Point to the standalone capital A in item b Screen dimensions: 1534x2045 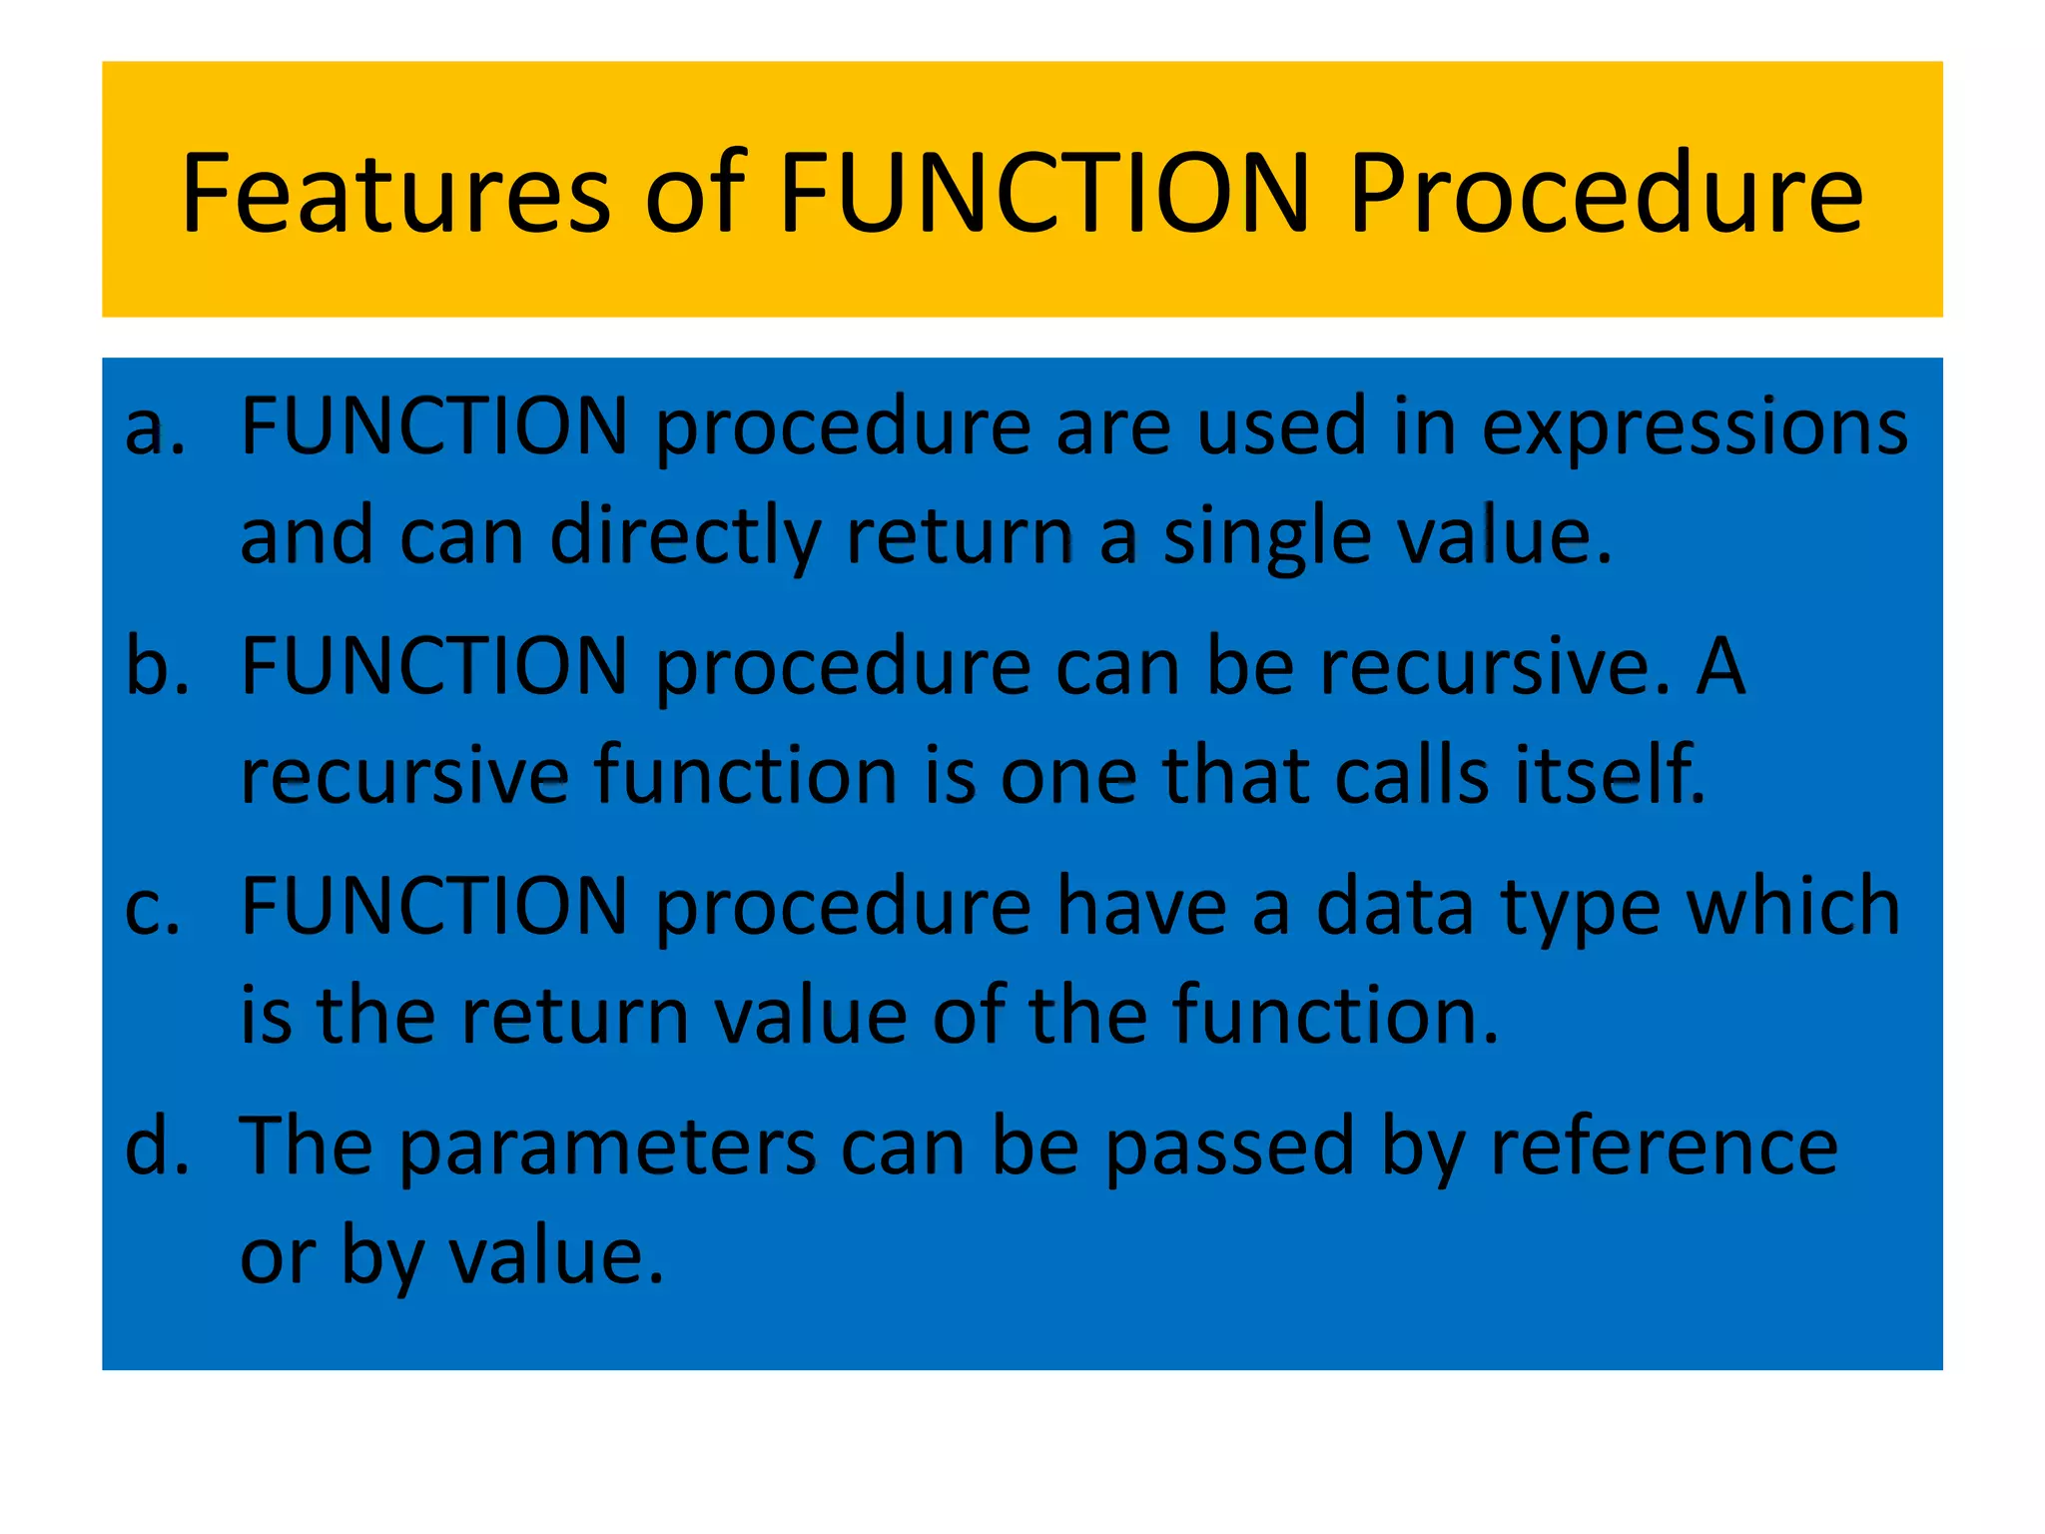point(1721,667)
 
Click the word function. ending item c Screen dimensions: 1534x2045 point(1335,1017)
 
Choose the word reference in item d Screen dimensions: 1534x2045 point(1664,1147)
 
